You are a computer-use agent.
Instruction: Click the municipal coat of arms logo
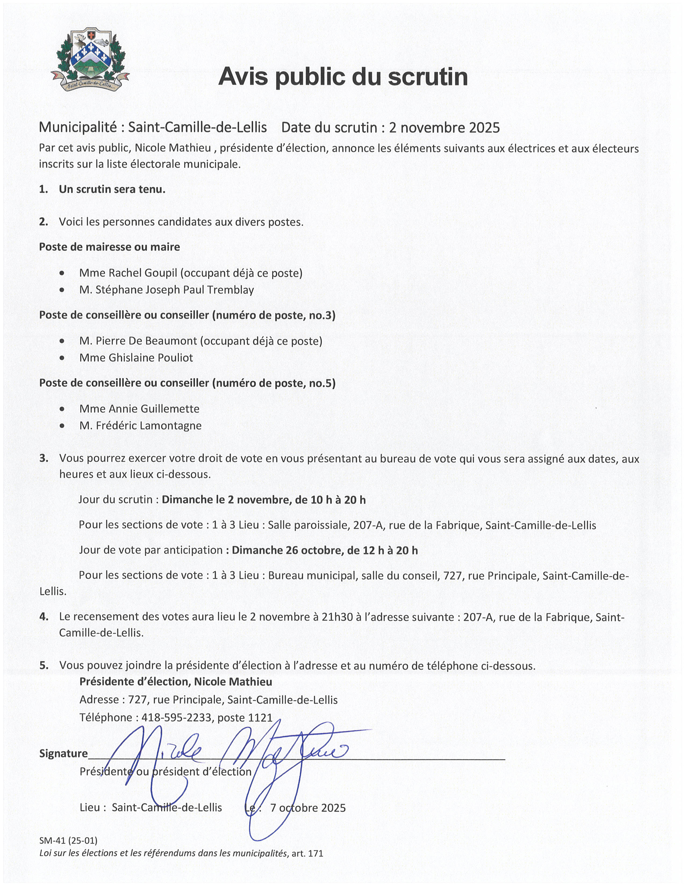click(x=90, y=60)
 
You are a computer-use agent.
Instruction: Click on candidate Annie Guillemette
click(x=154, y=409)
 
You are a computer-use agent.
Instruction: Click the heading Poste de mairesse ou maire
click(x=110, y=247)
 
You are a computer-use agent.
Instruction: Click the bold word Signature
click(x=63, y=754)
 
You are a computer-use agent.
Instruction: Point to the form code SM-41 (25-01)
click(x=68, y=840)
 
